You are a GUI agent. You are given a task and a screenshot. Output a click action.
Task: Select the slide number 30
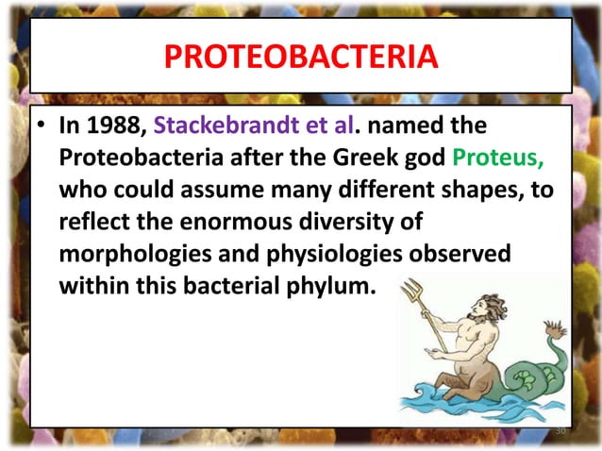click(x=560, y=432)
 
